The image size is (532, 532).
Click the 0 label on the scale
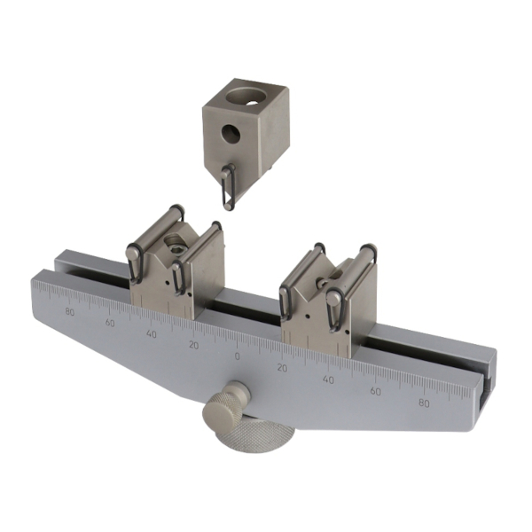coord(237,356)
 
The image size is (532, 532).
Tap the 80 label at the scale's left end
coord(70,312)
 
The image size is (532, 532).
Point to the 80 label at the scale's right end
coord(424,403)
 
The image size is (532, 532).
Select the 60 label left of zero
coord(110,323)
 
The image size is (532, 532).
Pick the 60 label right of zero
coord(375,391)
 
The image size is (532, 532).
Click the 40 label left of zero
coord(152,334)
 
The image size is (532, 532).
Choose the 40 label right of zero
coord(328,379)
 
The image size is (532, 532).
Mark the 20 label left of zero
coord(193,346)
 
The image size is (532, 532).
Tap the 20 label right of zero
coord(282,368)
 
